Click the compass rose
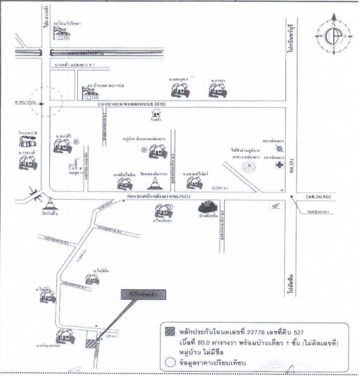click(x=333, y=36)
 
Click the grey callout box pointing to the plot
click(x=139, y=295)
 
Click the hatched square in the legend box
click(x=169, y=329)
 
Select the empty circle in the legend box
click(x=169, y=361)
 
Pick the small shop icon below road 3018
click(x=157, y=113)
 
